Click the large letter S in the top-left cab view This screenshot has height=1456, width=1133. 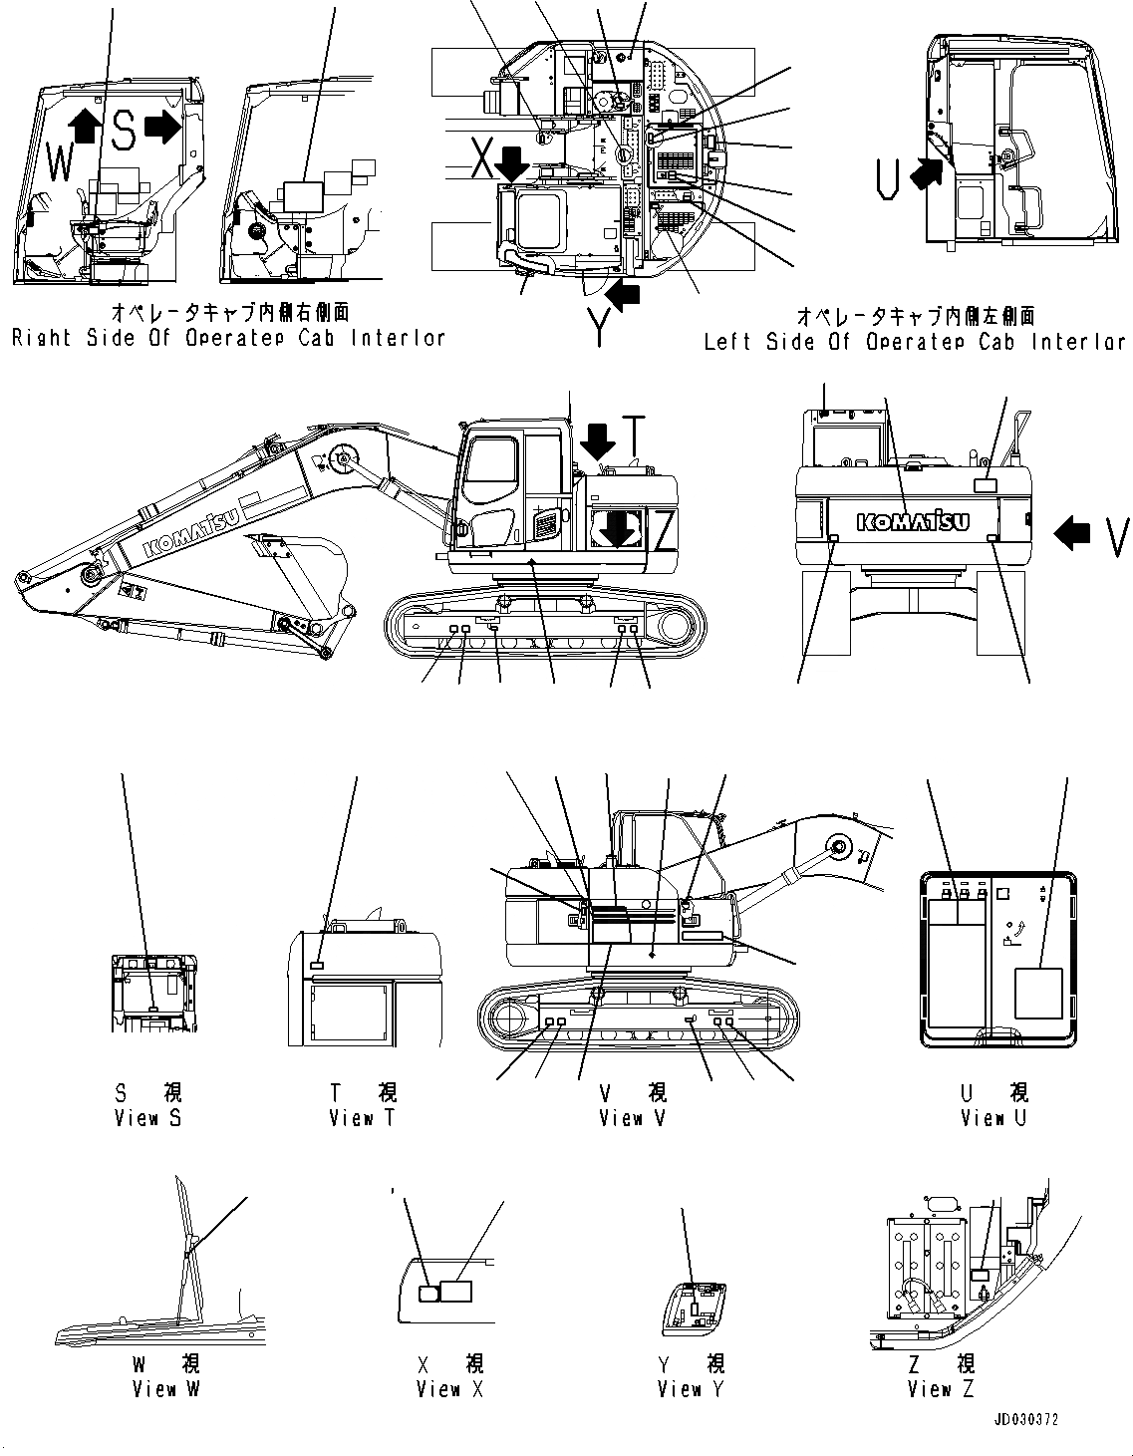pos(123,130)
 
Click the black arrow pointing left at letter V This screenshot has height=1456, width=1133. pos(1072,535)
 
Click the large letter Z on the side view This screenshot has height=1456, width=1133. pos(664,529)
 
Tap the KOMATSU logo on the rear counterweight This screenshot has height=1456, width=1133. pos(912,521)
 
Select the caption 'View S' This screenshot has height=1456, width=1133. pos(147,1118)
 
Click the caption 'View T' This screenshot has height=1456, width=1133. pos(362,1118)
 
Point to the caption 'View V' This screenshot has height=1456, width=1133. pos(633,1118)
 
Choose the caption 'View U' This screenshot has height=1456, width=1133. pos(992,1118)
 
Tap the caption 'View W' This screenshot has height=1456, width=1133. pos(166,1388)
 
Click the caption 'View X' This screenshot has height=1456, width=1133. pos(450,1388)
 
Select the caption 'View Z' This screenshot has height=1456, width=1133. pos(941,1388)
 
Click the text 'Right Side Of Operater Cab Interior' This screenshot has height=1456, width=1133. pos(228,339)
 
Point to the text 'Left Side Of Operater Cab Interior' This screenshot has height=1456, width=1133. pos(915,342)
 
